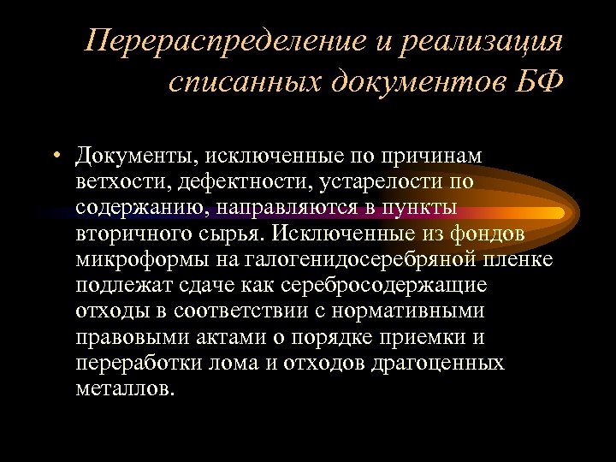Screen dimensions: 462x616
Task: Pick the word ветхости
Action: pyautogui.click(x=114, y=182)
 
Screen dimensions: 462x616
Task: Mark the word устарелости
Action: pyautogui.click(x=335, y=182)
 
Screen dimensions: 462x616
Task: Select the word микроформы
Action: pyautogui.click(x=129, y=259)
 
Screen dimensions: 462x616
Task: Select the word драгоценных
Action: pyautogui.click(x=438, y=362)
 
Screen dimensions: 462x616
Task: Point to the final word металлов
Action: pyautogui.click(x=123, y=388)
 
